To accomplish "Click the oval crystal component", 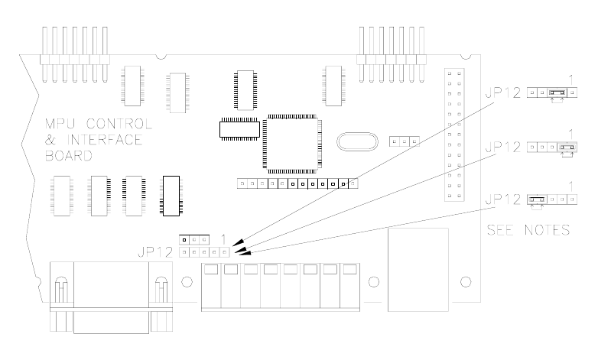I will click(356, 142).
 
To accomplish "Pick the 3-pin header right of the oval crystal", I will click(405, 142).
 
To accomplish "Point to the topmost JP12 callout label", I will click(502, 93).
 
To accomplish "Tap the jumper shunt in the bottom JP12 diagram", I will click(536, 200).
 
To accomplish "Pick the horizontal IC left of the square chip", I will click(239, 128).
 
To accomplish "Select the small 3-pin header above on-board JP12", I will click(193, 239).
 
